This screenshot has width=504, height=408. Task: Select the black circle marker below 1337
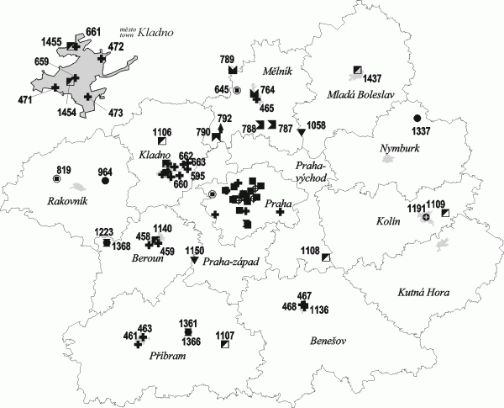417,119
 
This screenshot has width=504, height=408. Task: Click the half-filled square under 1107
224,345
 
